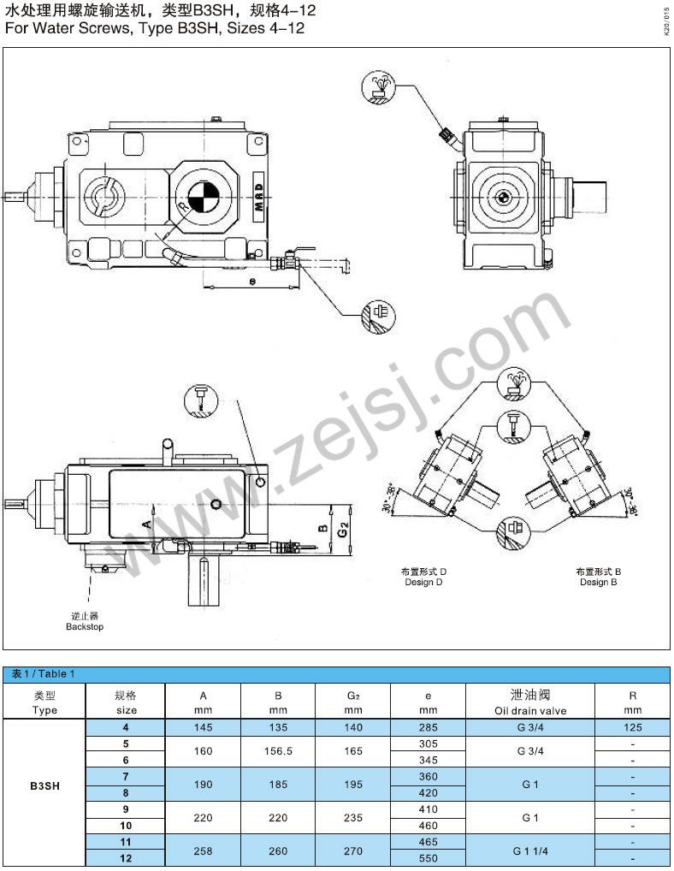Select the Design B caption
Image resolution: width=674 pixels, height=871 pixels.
click(x=599, y=583)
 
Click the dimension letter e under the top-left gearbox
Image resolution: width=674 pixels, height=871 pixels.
click(x=251, y=280)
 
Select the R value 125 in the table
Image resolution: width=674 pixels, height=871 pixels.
click(x=632, y=726)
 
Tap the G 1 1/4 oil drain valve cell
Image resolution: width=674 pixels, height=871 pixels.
click(x=529, y=850)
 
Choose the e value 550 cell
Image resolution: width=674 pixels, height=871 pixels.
click(x=429, y=858)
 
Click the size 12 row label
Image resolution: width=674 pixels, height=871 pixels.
click(x=126, y=858)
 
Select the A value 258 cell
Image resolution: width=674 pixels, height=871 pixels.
click(x=203, y=850)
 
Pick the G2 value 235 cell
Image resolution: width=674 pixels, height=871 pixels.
click(x=353, y=817)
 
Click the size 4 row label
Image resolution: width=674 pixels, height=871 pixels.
click(x=126, y=726)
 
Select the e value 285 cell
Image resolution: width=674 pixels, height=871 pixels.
click(x=429, y=726)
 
